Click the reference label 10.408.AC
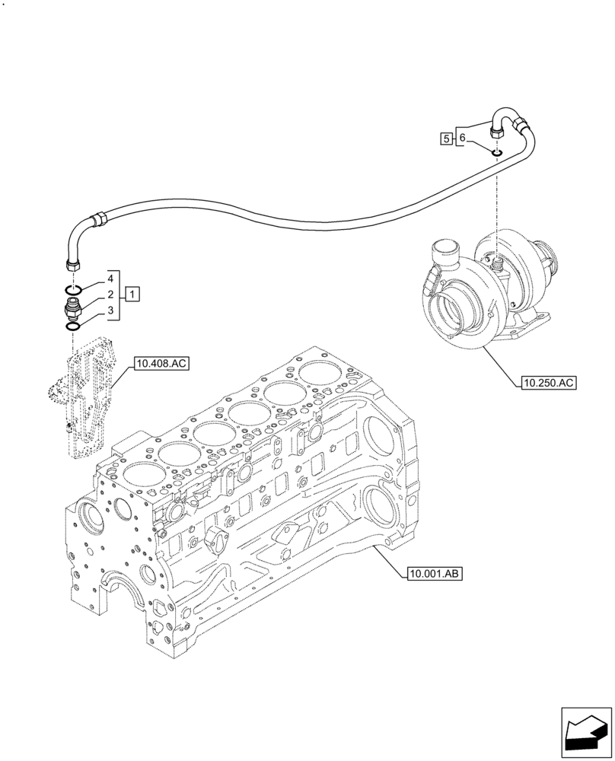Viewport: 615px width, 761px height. (161, 365)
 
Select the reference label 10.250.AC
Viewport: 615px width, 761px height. (548, 383)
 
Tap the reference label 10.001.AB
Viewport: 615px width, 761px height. (435, 573)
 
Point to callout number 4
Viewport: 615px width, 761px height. (110, 279)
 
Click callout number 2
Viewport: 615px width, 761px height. (110, 294)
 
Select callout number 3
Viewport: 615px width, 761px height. (110, 310)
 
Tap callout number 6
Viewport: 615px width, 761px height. (461, 138)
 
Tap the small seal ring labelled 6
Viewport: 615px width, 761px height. (496, 154)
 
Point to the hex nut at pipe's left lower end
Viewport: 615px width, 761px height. (72, 264)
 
